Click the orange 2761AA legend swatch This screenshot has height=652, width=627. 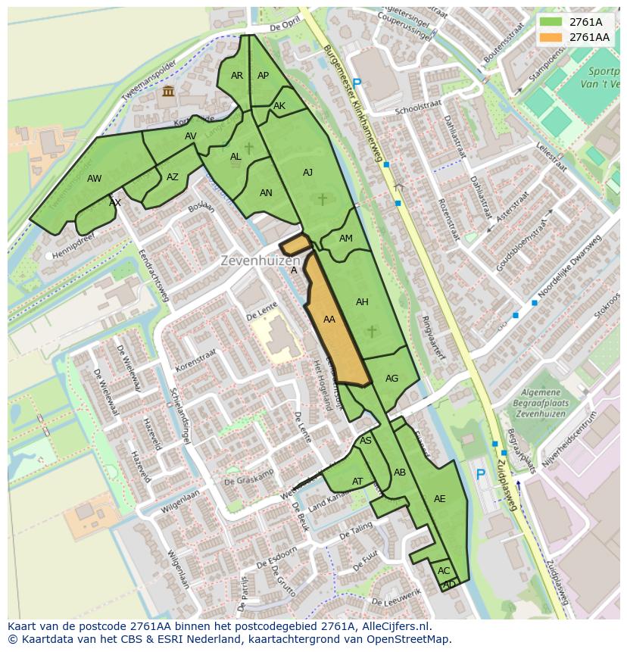551,37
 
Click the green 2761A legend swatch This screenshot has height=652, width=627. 551,22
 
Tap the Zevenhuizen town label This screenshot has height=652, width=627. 260,260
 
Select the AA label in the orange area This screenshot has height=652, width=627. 329,320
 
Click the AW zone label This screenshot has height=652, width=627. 94,179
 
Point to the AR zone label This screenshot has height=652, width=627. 237,76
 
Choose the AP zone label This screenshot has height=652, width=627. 263,76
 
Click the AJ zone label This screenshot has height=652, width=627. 307,173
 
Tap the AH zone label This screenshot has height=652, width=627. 362,302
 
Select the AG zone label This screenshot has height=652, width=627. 391,379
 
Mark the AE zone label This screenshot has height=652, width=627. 439,498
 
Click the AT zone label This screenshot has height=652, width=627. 357,482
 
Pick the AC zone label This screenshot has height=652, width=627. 444,570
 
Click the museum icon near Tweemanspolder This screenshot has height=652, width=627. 167,92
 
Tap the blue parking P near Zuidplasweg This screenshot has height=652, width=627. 480,475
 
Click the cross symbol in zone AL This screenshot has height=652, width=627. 248,148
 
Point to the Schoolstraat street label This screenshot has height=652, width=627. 417,111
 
